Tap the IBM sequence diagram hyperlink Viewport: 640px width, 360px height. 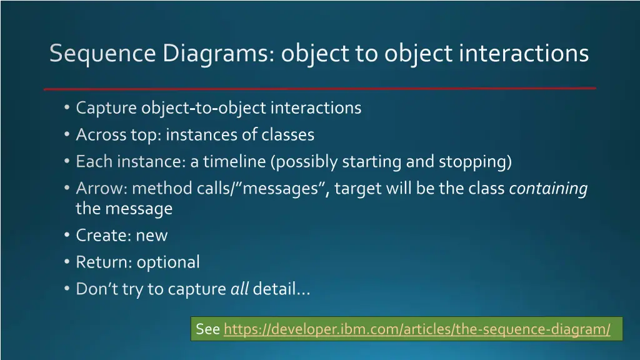[x=416, y=329]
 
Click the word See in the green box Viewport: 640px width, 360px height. [x=207, y=329]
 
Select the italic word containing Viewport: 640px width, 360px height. [x=548, y=188]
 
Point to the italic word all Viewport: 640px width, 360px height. [x=240, y=289]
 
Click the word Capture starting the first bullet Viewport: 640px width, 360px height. [x=106, y=108]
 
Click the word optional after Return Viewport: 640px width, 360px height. [x=168, y=262]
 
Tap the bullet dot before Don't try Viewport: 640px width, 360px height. [x=67, y=289]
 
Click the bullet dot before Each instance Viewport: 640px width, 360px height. [x=67, y=161]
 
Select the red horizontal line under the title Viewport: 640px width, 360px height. [x=319, y=88]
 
